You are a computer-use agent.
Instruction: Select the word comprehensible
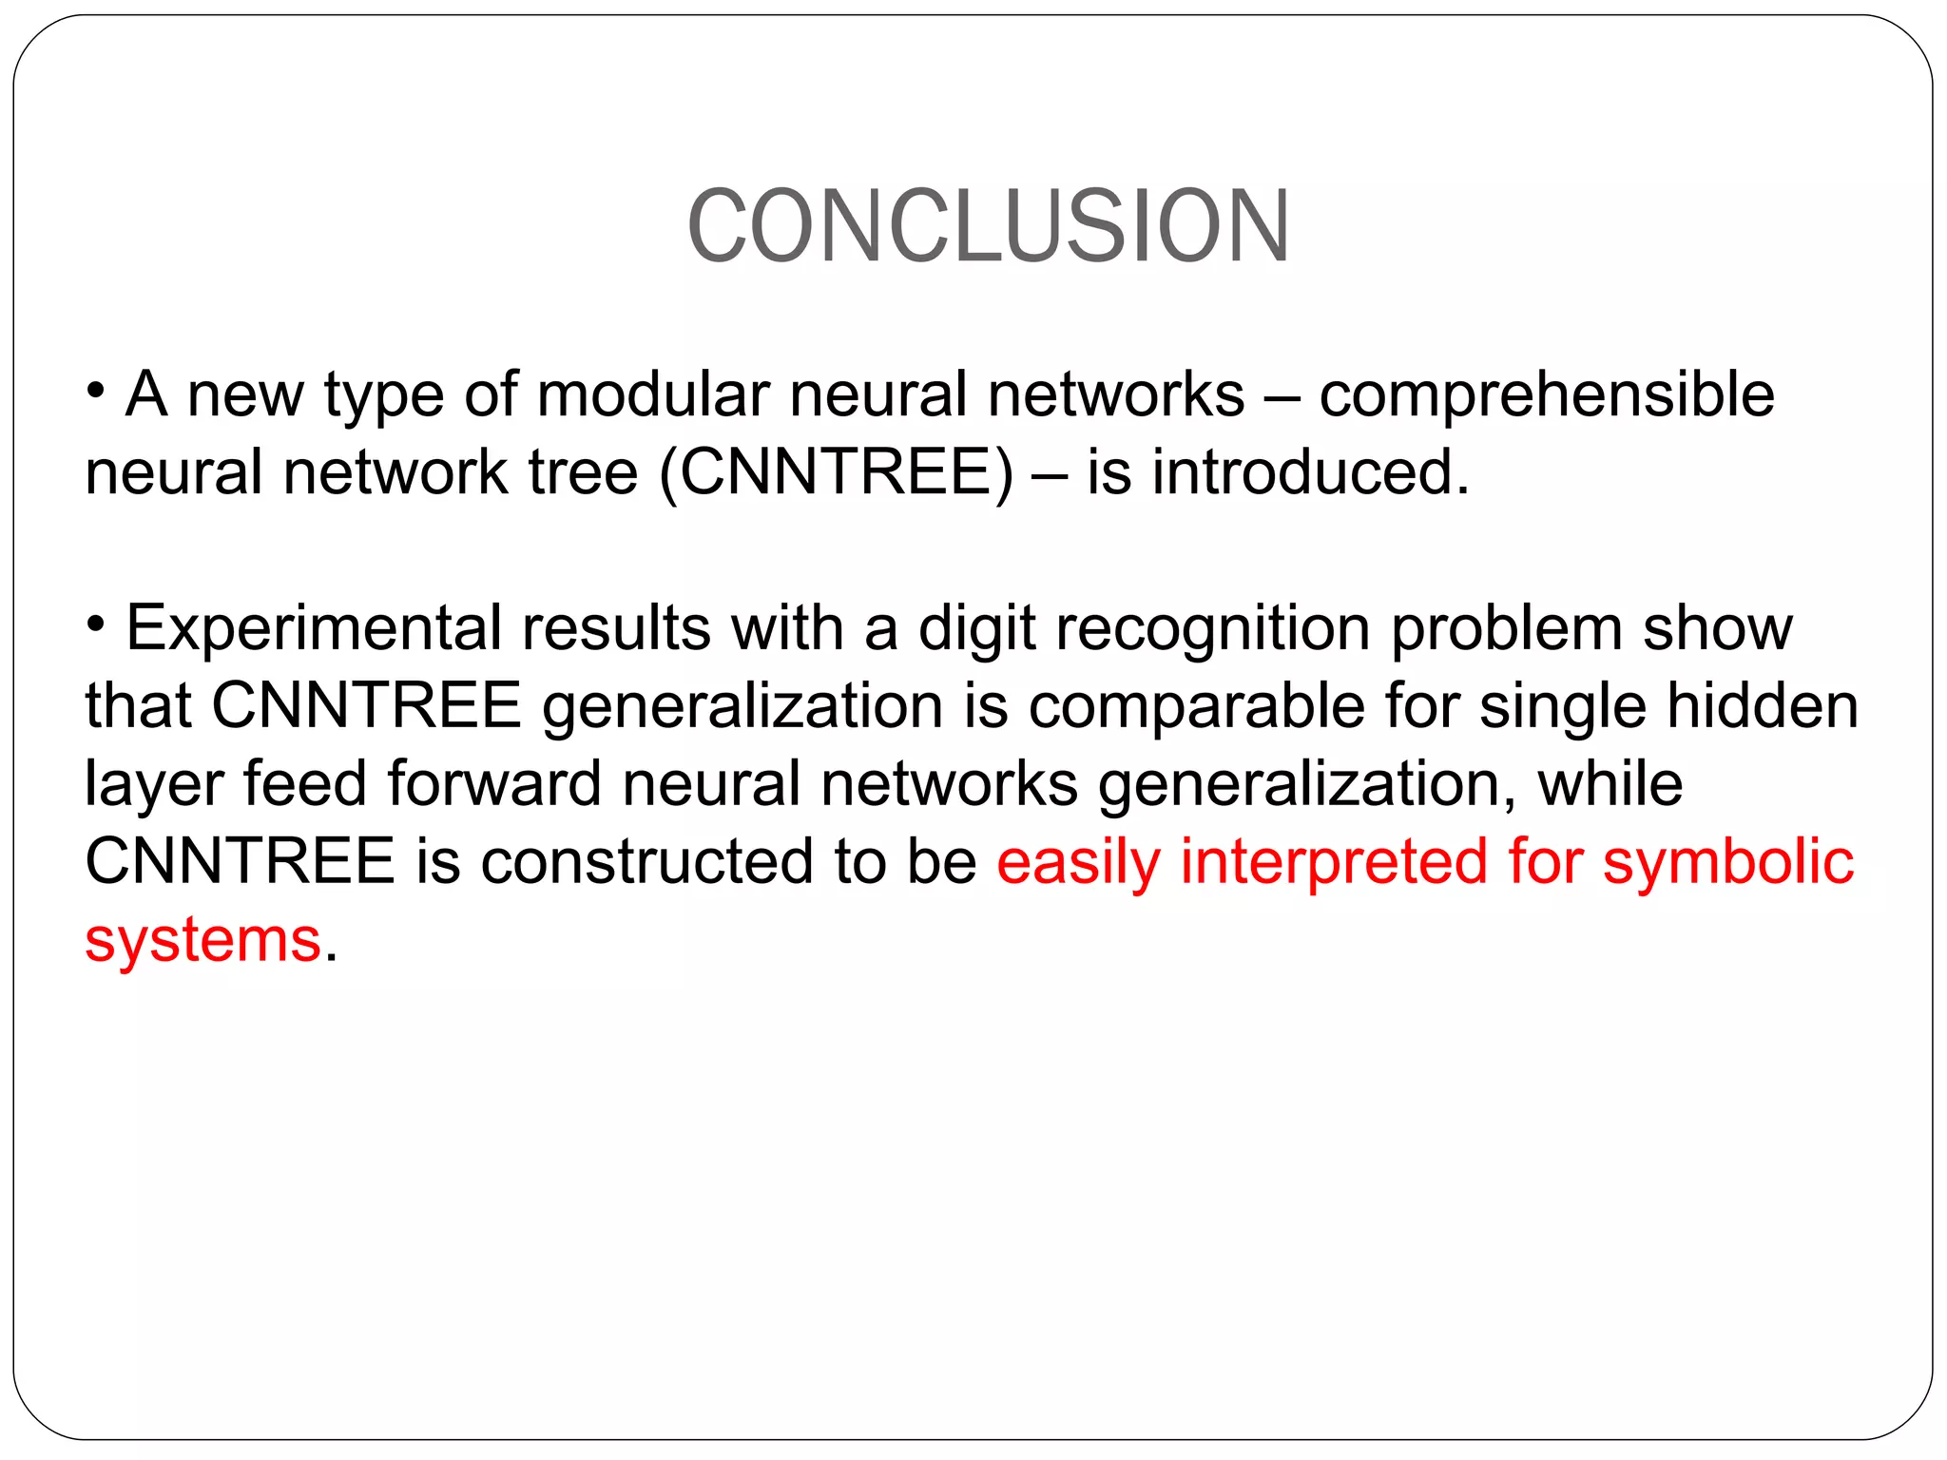(x=1547, y=396)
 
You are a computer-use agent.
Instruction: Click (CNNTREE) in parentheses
(x=837, y=472)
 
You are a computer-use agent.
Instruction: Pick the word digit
(x=976, y=630)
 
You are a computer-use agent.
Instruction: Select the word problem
(x=1506, y=630)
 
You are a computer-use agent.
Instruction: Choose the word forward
(x=494, y=784)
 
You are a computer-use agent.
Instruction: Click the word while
(x=1610, y=784)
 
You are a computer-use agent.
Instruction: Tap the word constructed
(x=646, y=862)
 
